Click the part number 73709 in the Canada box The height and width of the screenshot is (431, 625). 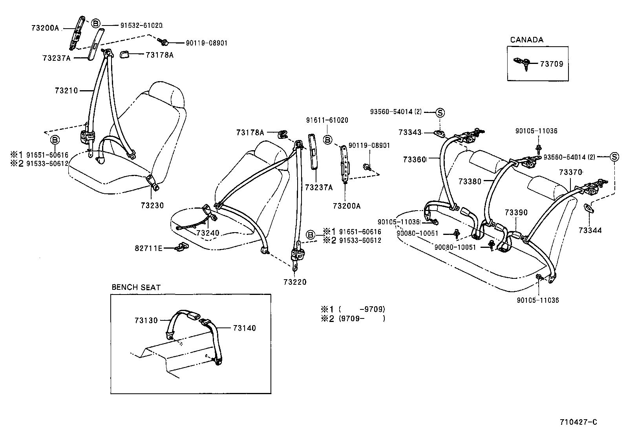(551, 64)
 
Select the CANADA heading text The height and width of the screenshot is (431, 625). (526, 40)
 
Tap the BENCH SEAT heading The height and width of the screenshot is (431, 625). (136, 287)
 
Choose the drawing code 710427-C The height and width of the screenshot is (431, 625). (578, 422)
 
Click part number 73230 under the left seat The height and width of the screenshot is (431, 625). (152, 205)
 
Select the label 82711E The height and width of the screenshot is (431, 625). (148, 248)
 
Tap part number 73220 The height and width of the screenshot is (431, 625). (294, 282)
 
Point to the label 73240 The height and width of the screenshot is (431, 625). (208, 233)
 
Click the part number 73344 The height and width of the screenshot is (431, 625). (590, 230)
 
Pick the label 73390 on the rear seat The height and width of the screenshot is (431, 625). (516, 213)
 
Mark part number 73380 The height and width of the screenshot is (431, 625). (470, 182)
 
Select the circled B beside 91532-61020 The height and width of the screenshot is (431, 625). (95, 24)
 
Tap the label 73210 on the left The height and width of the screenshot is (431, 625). (66, 91)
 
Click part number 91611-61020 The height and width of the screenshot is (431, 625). (327, 120)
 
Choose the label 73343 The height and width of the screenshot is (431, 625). (410, 133)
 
